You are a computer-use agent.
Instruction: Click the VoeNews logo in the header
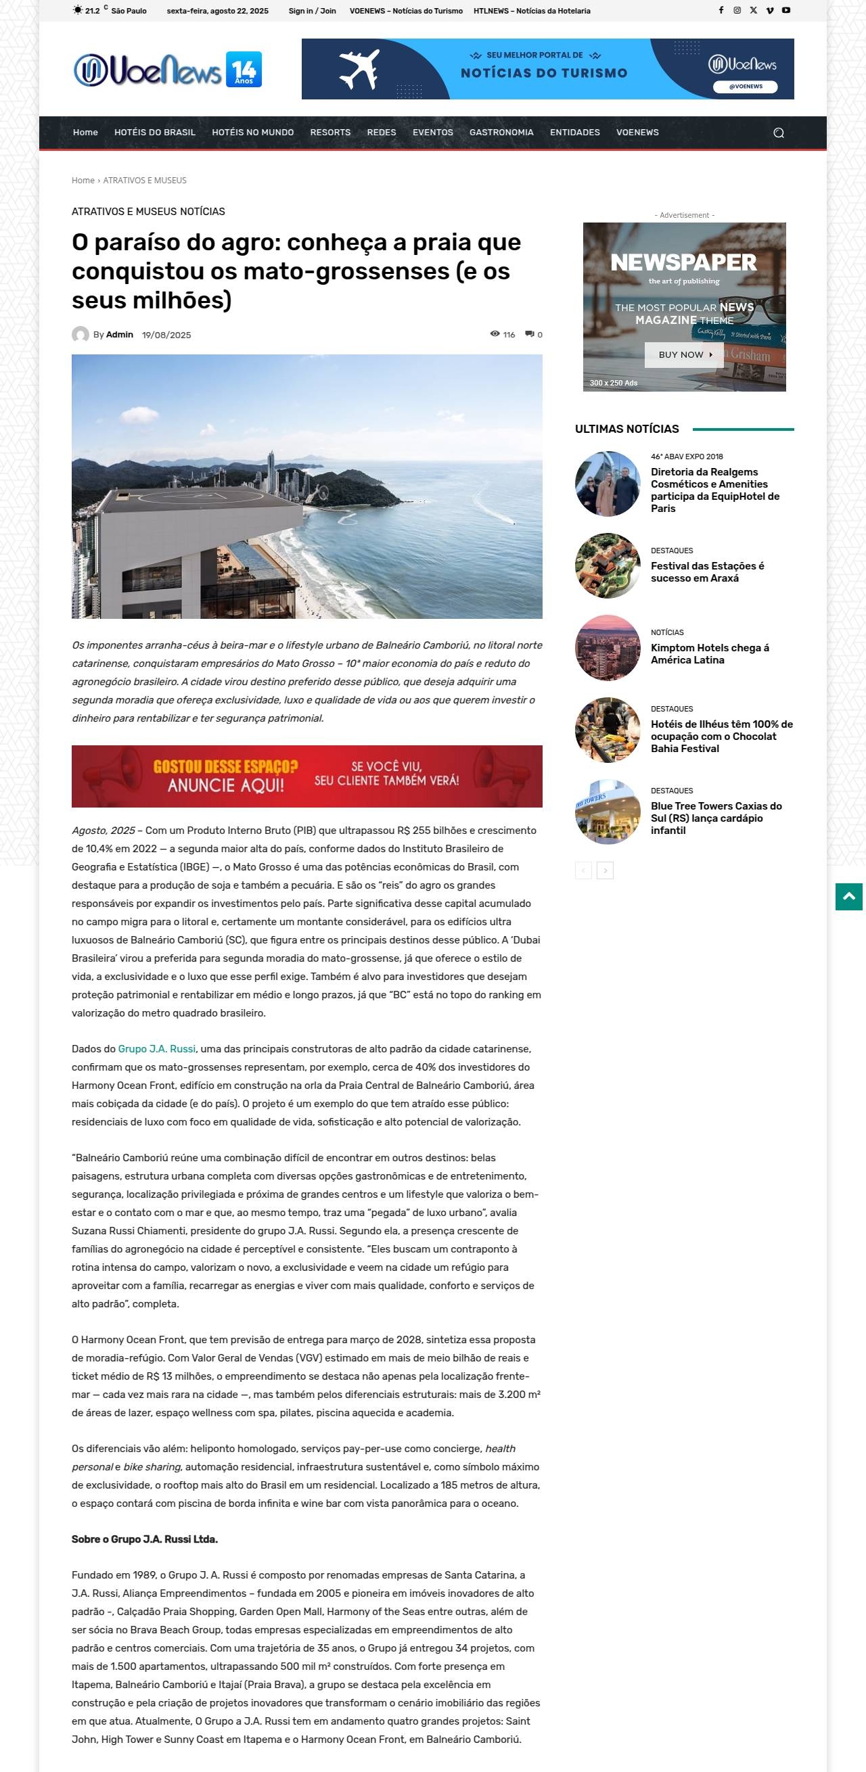[x=167, y=70]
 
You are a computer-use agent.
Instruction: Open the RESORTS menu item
[x=330, y=132]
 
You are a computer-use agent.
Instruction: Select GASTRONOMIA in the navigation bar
[x=501, y=132]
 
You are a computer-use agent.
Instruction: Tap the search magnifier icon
[x=778, y=133]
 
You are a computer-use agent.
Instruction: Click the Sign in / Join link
[x=313, y=11]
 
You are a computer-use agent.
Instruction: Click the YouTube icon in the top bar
[x=785, y=10]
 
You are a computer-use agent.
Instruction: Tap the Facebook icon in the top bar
[x=721, y=10]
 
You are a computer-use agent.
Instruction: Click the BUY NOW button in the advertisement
[x=685, y=354]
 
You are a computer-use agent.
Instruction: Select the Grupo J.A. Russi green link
[x=157, y=1048]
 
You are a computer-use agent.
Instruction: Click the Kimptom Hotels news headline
[x=709, y=653]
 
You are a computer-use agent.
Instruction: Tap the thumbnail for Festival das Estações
[x=608, y=565]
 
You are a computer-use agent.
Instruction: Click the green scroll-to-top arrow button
[x=848, y=896]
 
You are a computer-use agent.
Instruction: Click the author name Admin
[x=120, y=334]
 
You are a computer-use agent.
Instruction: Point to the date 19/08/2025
[x=166, y=335]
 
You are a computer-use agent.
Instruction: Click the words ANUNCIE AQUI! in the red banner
[x=225, y=785]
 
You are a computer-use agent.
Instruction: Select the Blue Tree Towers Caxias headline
[x=715, y=817]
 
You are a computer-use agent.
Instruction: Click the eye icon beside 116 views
[x=495, y=333]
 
